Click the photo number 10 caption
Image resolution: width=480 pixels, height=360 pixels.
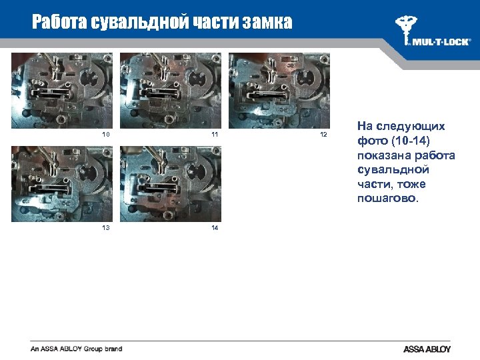pos(105,134)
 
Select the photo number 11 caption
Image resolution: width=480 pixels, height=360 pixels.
pos(215,134)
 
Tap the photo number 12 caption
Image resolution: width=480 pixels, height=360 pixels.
pos(324,134)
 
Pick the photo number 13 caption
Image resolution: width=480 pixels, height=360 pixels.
pos(105,227)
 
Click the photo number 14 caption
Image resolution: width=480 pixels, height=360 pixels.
pos(215,227)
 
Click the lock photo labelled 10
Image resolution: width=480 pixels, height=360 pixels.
pos(61,90)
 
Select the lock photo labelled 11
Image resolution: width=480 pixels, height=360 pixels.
pos(171,90)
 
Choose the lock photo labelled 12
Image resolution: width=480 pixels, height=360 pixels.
pos(279,90)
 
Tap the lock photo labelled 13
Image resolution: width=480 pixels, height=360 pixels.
pos(61,184)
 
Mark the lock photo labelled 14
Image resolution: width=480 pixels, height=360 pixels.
pos(171,184)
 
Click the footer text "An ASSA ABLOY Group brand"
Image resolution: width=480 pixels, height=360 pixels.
pos(76,349)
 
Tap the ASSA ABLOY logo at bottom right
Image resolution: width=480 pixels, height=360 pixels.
pos(427,349)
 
